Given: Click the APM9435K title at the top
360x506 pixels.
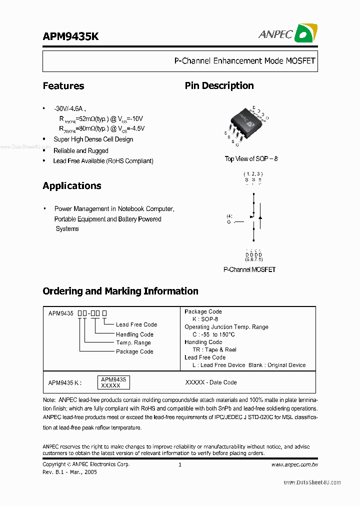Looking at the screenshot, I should tap(70, 37).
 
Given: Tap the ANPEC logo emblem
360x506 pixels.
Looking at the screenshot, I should tap(305, 33).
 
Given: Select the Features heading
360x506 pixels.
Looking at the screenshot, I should tap(63, 86).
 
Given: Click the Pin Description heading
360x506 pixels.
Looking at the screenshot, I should tap(219, 86).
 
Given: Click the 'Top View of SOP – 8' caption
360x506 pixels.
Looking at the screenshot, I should tap(251, 159).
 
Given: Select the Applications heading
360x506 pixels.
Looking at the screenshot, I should tap(72, 186).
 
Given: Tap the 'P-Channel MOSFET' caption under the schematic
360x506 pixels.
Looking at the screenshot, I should tap(249, 269).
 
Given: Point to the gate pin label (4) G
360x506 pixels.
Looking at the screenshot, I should tap(229, 218).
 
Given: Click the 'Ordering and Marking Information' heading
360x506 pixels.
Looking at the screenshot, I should tap(120, 291).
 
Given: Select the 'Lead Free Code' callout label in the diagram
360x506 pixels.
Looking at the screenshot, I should tap(136, 324).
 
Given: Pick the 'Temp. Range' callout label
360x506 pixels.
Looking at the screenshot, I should tap(133, 343).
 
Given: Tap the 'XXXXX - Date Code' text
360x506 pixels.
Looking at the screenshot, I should tap(211, 382).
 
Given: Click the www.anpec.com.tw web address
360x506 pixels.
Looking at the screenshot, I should tap(294, 464).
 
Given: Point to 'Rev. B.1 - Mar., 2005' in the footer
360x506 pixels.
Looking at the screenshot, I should tap(70, 471).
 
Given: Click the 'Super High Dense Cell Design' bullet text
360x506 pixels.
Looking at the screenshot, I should tap(93, 139).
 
